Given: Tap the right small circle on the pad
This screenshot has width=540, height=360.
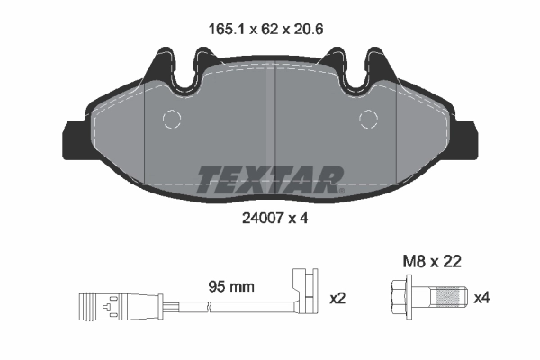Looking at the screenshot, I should pos(368,120).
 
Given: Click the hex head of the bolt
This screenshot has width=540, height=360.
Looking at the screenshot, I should pos(401,297).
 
